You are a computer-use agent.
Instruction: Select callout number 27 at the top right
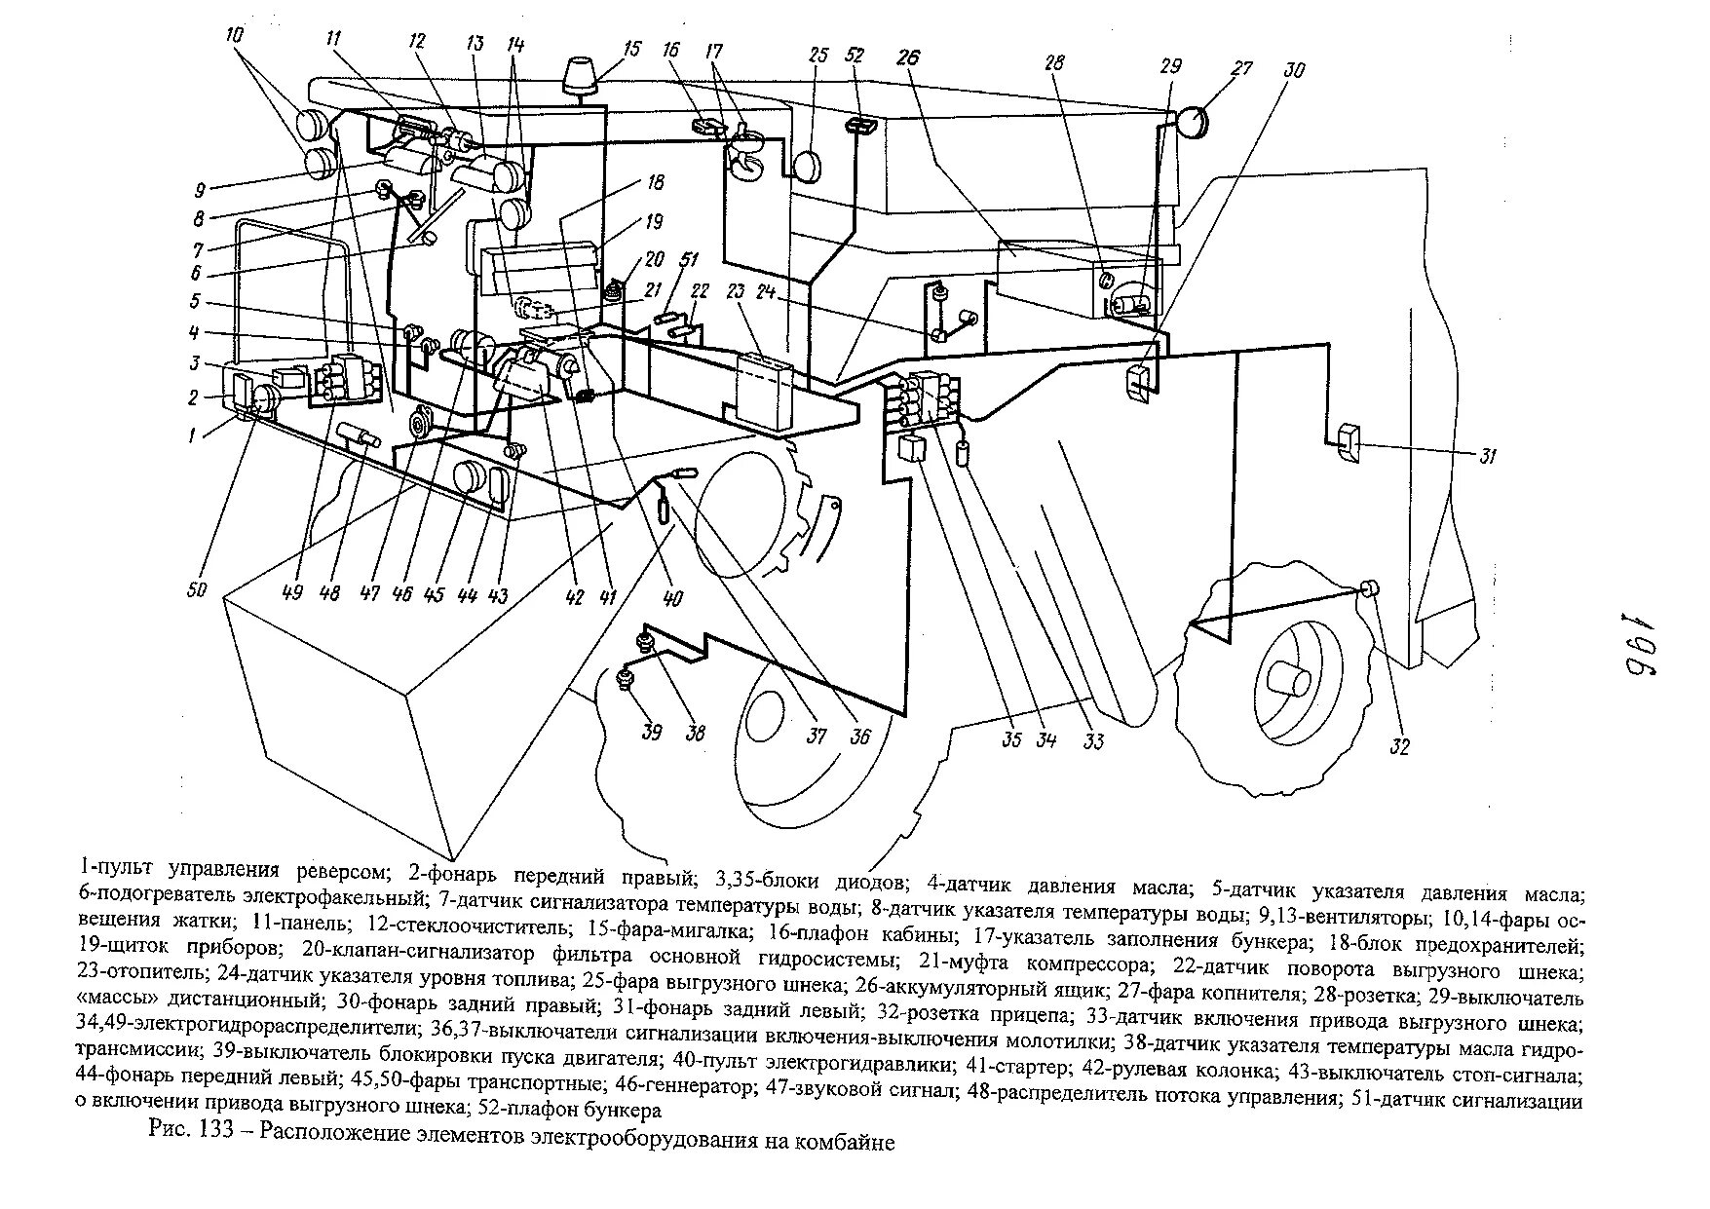coord(1212,70)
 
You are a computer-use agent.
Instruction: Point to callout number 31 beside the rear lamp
coord(1488,456)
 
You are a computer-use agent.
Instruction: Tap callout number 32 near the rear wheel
coord(1400,747)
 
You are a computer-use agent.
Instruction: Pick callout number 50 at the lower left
coord(196,589)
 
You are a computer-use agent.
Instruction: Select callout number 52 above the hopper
coord(855,57)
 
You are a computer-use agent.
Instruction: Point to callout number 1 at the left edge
coord(192,436)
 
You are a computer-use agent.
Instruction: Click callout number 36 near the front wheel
coord(860,737)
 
